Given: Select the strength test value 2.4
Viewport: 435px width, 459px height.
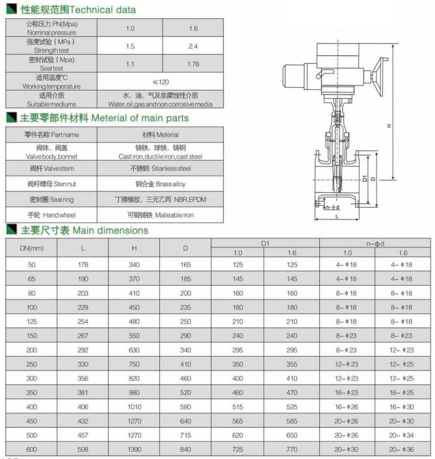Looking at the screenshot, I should coord(193,46).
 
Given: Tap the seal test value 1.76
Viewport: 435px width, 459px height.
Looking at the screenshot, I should coord(193,64).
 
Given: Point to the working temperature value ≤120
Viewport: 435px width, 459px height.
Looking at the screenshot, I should coord(161,81).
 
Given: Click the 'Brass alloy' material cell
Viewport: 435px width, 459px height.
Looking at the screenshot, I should coord(161,184).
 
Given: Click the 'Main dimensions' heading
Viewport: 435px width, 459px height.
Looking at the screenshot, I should coord(110,230).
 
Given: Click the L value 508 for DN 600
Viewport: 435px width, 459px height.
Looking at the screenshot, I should coord(83,449).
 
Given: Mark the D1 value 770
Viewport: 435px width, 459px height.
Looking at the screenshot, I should coord(292,449).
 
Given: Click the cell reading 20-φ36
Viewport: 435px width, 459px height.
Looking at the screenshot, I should coord(402,449).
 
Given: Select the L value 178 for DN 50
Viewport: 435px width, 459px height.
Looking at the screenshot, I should coord(83,264).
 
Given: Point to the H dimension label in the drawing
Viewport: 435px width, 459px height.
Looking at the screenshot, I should coord(389,126).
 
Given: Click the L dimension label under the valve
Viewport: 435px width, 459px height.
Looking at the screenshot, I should coord(336,216).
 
